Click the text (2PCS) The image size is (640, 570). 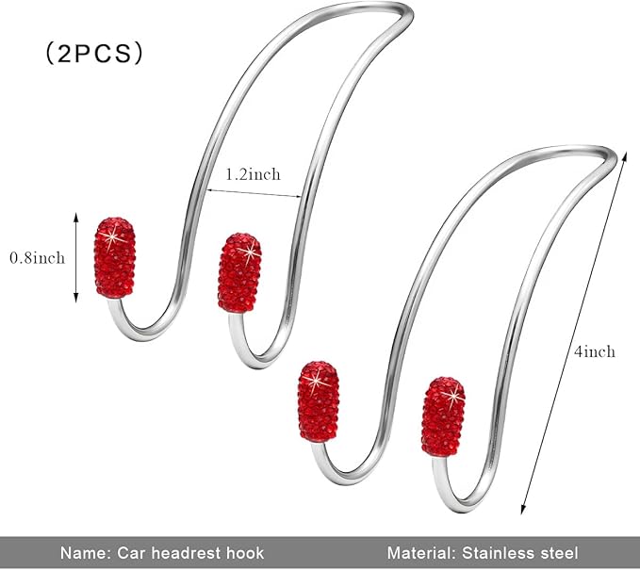point(94,54)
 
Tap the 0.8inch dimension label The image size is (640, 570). point(37,258)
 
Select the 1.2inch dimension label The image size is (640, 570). point(253,174)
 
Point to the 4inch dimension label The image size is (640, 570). point(594,351)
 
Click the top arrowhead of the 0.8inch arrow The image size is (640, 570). point(75,217)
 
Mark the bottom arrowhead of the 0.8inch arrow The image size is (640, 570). point(75,299)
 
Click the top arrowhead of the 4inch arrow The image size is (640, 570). point(624,155)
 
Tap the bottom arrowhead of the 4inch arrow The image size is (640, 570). point(523,510)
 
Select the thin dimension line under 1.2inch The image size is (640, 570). point(254,193)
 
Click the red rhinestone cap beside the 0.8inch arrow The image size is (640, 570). point(115,257)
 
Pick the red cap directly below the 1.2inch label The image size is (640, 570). point(239,272)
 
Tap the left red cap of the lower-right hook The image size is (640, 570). point(319,401)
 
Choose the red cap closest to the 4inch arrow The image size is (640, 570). point(443,416)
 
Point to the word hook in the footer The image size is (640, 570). point(243,553)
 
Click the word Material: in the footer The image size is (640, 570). point(420,553)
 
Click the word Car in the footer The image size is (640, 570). point(131,553)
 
